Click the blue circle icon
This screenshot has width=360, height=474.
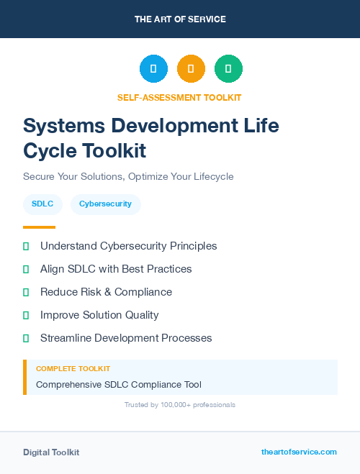tap(153, 69)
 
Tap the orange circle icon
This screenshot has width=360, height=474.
tap(191, 69)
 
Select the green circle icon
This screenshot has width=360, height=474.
tap(228, 69)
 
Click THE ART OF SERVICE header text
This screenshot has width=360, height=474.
tap(180, 19)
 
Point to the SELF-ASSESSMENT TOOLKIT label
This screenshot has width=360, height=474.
tap(179, 97)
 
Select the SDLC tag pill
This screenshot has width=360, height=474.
tap(42, 204)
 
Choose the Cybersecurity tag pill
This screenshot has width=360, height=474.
tap(105, 204)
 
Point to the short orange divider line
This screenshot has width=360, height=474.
tap(39, 227)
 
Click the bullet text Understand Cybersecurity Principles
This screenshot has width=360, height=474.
tap(128, 246)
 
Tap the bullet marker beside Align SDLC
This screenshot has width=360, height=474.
tap(26, 269)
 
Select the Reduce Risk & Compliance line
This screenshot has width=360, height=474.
tap(106, 292)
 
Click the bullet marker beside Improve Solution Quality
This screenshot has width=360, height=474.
tap(26, 315)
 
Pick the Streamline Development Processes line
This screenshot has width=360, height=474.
tap(126, 338)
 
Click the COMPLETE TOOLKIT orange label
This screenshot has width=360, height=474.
tap(73, 368)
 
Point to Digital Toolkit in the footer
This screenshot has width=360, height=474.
tap(51, 452)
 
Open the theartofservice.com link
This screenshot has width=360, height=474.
tap(299, 452)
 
